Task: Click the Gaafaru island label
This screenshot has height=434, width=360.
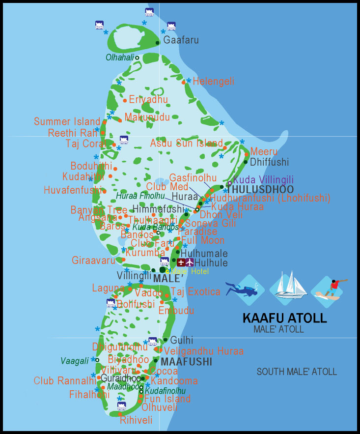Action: point(181,40)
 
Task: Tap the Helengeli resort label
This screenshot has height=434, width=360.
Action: point(213,81)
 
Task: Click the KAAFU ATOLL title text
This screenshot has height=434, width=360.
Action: point(284,318)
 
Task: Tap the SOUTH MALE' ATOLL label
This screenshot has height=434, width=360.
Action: point(297,372)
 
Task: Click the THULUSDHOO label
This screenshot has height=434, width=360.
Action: point(260,189)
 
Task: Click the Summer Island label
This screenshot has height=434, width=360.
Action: point(67,121)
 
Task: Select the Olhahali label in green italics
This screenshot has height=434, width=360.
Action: point(120,58)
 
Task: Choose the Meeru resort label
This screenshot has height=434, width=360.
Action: point(264,151)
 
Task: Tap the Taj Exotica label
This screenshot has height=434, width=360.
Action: point(195,291)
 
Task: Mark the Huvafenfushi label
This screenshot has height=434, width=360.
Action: point(73,190)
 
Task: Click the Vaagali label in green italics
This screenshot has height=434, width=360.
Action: point(75,360)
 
